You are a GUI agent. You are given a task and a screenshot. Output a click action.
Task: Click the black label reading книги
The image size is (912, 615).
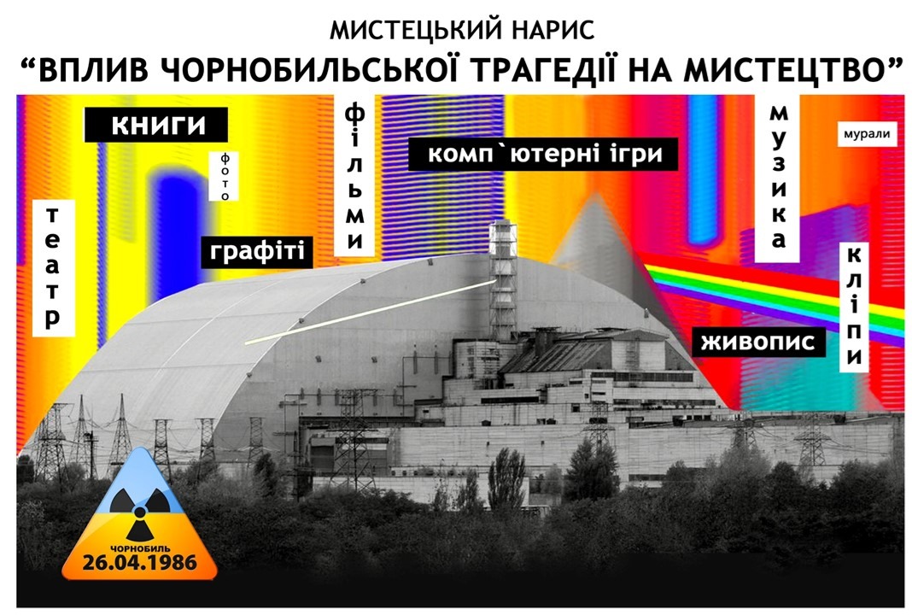click(x=156, y=125)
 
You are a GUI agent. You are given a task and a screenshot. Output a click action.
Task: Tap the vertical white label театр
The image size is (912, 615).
click(x=54, y=267)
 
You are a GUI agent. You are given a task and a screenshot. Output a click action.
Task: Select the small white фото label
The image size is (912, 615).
click(x=225, y=176)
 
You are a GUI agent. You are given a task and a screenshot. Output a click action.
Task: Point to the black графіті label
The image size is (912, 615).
click(x=256, y=252)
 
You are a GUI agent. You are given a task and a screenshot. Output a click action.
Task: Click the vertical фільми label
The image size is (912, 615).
click(x=354, y=176)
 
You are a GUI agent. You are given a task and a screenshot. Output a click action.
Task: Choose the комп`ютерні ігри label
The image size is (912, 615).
click(x=543, y=155)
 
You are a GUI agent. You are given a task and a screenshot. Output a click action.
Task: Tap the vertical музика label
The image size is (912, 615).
click(x=778, y=178)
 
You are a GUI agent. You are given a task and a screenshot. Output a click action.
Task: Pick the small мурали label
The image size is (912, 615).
click(x=867, y=134)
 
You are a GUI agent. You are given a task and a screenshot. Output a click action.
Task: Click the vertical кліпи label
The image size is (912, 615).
click(x=854, y=307)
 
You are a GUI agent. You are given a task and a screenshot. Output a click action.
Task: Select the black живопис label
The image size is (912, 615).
click(x=758, y=341)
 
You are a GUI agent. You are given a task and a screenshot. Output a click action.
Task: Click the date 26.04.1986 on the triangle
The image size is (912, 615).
click(x=139, y=563)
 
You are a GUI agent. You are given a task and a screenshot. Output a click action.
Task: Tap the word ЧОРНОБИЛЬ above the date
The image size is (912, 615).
click(x=140, y=548)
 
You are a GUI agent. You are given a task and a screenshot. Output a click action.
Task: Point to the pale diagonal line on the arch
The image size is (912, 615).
click(x=370, y=313)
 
